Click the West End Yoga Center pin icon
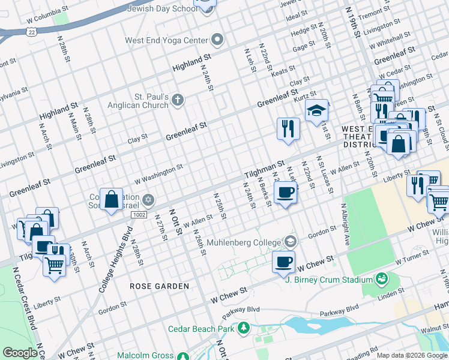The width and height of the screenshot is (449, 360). click(x=217, y=41)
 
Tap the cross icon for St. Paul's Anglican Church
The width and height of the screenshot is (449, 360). click(x=177, y=100)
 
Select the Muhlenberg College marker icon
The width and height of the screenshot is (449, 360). click(x=291, y=242)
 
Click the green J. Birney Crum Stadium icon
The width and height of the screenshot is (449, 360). click(x=381, y=279)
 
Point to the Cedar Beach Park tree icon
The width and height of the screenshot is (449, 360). click(x=244, y=328)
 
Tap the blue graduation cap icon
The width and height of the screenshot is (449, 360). click(x=316, y=111)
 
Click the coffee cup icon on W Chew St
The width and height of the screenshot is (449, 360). click(x=284, y=262)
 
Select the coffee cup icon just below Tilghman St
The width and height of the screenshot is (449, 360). click(x=285, y=193)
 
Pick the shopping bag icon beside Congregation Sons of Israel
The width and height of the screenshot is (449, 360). click(x=112, y=199)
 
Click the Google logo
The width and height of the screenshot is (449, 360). click(x=20, y=353)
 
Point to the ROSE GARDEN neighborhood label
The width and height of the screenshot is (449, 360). click(x=160, y=286)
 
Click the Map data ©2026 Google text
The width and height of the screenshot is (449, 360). click(x=411, y=355)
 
